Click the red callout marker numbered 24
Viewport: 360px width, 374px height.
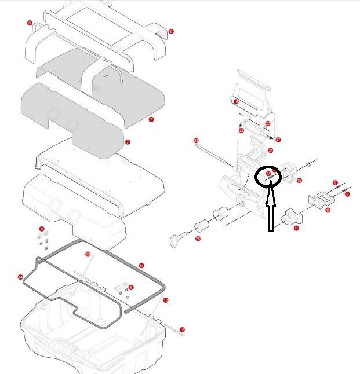click(197, 141)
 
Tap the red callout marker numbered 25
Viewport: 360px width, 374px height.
click(198, 238)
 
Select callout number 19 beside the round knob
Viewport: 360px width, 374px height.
click(299, 181)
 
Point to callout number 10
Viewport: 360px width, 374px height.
click(328, 210)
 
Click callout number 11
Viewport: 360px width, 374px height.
click(296, 229)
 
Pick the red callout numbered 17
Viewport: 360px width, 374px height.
click(278, 140)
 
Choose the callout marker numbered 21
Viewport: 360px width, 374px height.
click(270, 151)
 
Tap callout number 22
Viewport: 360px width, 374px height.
click(241, 131)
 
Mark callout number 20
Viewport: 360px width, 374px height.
click(267, 123)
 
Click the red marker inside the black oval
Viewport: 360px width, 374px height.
click(268, 174)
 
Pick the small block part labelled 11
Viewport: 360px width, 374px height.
click(290, 218)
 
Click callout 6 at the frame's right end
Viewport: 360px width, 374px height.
click(171, 31)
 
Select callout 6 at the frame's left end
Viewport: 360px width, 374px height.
click(30, 23)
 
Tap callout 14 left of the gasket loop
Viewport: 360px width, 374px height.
click(20, 277)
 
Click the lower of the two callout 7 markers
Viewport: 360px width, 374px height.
click(128, 142)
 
